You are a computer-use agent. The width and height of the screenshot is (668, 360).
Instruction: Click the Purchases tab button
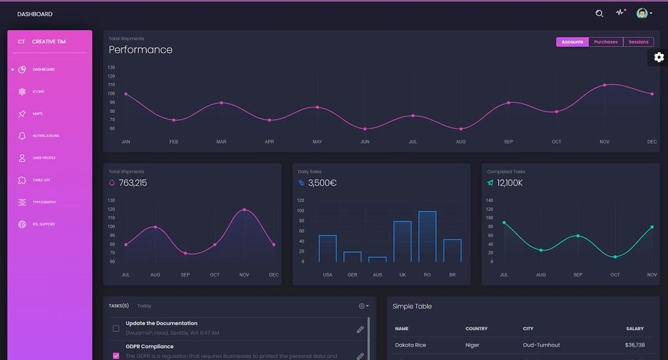click(x=606, y=42)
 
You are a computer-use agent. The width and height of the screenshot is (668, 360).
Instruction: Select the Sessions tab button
click(x=638, y=42)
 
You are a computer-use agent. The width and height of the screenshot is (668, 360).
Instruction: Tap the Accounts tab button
click(x=572, y=42)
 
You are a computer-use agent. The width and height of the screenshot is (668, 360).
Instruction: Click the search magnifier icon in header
click(x=599, y=13)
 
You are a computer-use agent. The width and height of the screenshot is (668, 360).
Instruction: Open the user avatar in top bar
click(x=642, y=13)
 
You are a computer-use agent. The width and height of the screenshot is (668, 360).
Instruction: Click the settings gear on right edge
click(x=659, y=57)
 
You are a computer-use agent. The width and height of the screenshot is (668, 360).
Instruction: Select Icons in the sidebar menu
click(x=38, y=92)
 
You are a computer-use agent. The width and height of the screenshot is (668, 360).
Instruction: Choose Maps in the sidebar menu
click(x=37, y=114)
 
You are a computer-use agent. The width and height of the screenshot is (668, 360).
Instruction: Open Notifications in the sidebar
click(x=45, y=136)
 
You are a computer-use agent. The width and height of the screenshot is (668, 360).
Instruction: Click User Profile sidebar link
click(x=43, y=158)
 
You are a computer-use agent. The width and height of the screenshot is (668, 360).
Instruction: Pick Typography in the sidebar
click(x=44, y=202)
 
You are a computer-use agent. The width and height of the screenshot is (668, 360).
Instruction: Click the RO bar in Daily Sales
click(x=428, y=236)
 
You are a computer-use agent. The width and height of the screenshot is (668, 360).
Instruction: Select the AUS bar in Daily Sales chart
click(x=377, y=259)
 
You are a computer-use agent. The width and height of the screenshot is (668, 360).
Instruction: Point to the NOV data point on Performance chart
click(x=605, y=85)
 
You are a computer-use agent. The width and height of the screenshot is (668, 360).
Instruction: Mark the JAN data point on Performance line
click(x=126, y=94)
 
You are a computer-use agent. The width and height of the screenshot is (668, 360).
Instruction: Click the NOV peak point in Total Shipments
click(x=244, y=210)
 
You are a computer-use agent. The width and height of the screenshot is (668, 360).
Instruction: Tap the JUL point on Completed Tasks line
click(x=504, y=222)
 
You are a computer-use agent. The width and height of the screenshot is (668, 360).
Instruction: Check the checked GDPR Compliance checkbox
click(x=116, y=356)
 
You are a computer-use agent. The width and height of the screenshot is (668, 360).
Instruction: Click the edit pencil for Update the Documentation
click(x=360, y=329)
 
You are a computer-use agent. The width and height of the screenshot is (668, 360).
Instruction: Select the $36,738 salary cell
click(x=635, y=345)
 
